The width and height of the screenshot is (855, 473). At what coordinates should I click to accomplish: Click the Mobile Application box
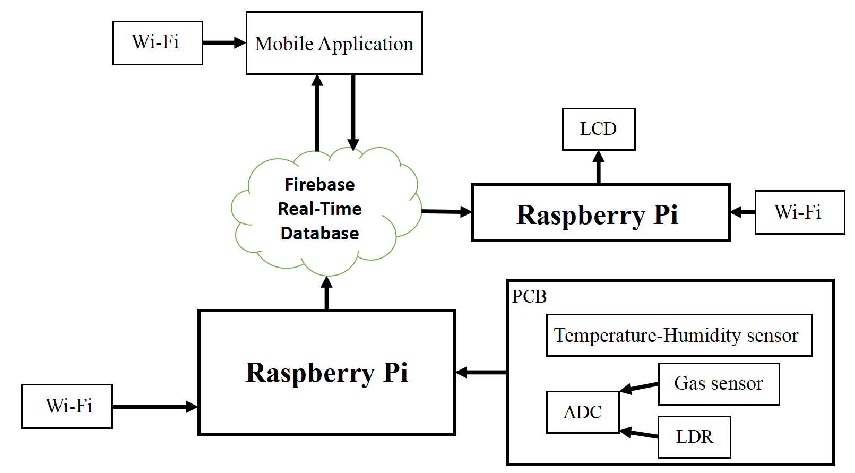pos(334,43)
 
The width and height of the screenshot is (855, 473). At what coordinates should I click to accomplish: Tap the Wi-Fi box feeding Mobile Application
pos(157,43)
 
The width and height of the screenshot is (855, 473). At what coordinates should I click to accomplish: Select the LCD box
pos(598,129)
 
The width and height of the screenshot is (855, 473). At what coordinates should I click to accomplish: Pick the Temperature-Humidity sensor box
pos(678,335)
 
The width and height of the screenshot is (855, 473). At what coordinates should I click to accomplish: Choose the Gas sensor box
pos(718,383)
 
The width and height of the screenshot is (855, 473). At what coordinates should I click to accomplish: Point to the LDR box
pos(694,436)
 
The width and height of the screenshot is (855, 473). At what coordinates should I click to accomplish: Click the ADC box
pos(582,412)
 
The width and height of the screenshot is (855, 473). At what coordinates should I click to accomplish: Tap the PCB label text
pos(529,296)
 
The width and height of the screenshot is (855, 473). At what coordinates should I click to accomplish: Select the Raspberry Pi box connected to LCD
pos(600,213)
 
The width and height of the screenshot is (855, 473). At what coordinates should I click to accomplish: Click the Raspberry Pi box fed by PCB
pos(326,372)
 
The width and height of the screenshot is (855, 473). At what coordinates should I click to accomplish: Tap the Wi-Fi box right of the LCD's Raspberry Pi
pos(799,212)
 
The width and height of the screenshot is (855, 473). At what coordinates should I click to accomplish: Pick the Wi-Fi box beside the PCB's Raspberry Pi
pos(67,406)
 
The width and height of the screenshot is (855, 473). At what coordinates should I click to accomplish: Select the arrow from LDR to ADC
pos(639,433)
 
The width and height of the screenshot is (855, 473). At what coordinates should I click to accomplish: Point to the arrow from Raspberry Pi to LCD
pos(599,167)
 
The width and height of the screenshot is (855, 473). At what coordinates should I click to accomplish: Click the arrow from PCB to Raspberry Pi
pos(481,372)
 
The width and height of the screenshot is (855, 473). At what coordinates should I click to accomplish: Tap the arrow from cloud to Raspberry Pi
pos(446,211)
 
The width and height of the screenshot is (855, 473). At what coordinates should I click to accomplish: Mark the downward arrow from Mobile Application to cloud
pos(353,111)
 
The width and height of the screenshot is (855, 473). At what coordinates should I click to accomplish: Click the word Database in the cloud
pos(319,233)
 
